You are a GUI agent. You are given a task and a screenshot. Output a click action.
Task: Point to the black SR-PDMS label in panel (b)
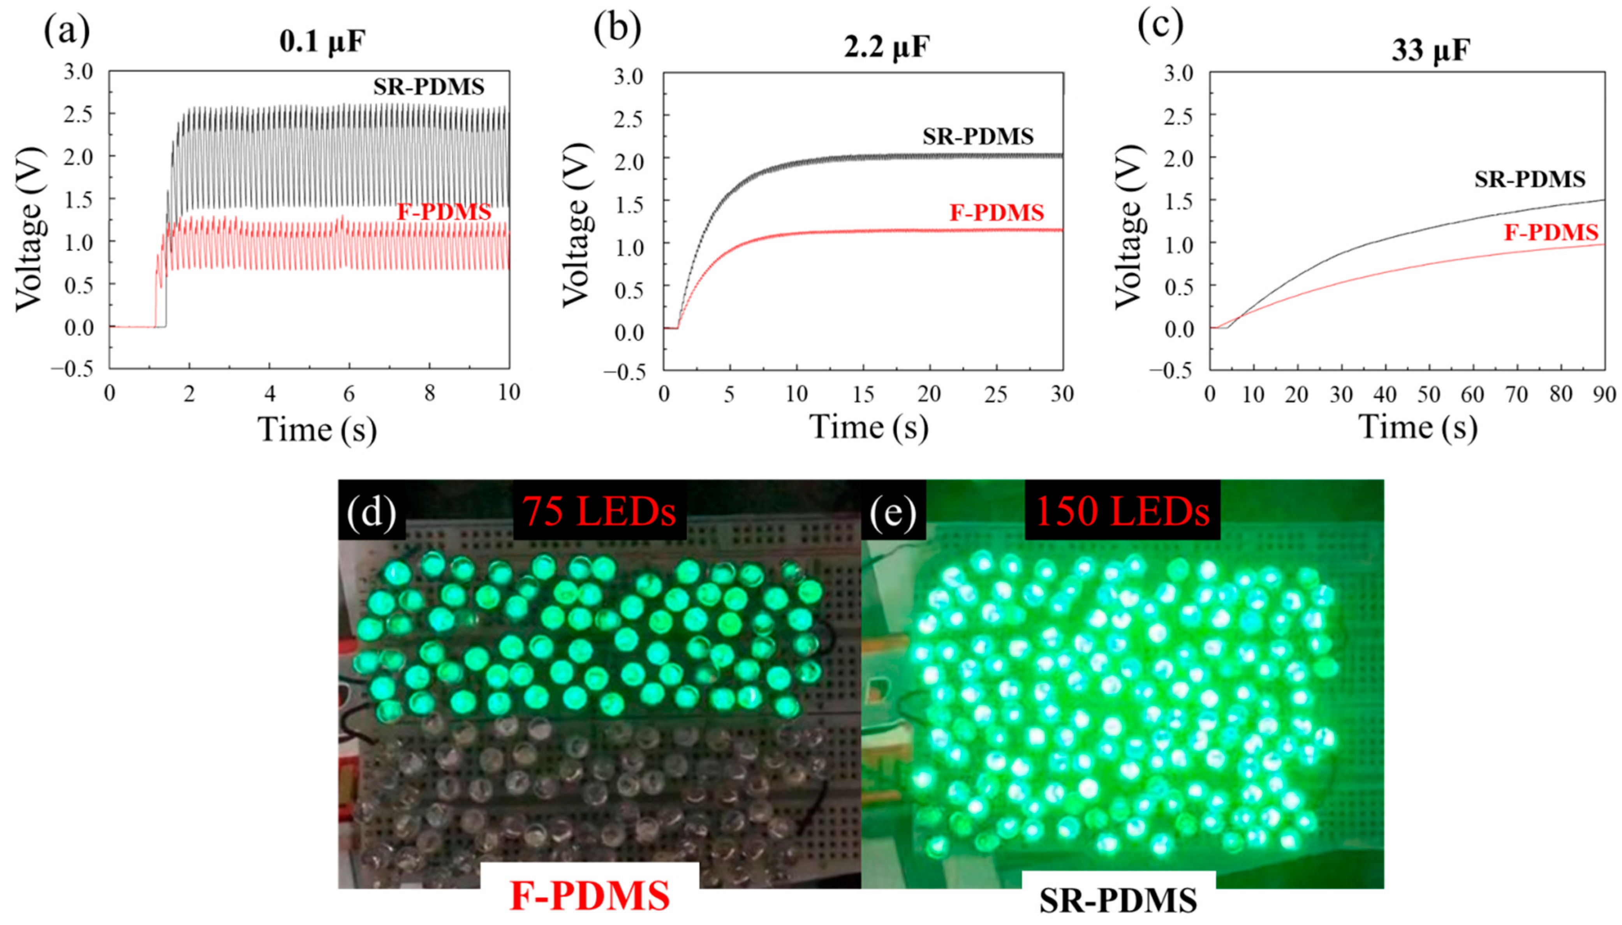coord(978,137)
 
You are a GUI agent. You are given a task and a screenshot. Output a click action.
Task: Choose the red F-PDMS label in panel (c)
coord(1550,233)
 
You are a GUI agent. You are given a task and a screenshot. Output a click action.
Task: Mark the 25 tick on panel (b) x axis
coord(996,395)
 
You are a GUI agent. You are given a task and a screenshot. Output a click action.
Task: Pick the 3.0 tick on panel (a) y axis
coord(78,72)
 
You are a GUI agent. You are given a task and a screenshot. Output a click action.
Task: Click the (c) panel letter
coord(1160,25)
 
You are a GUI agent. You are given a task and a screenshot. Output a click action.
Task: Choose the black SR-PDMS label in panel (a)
coord(429,87)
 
